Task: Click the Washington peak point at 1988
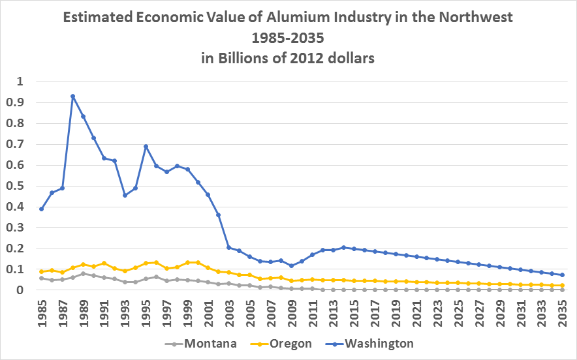point(72,96)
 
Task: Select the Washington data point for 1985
point(41,209)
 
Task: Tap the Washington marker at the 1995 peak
point(146,146)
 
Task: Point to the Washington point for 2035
point(562,275)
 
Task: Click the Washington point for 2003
point(229,247)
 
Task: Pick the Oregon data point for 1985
point(41,271)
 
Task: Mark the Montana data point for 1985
point(41,278)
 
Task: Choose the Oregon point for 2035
point(562,285)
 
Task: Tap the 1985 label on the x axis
point(42,312)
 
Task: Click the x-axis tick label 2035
point(563,312)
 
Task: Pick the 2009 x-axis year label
point(292,312)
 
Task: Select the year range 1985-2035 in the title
point(288,37)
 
